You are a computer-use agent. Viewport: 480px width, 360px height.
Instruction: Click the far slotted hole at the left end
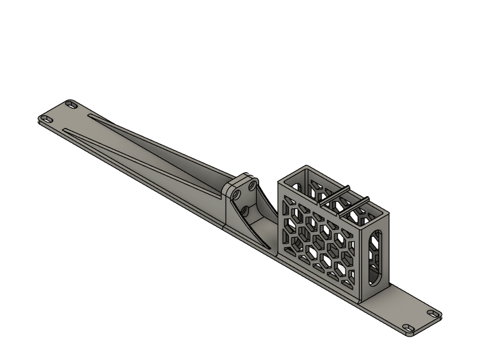(72, 104)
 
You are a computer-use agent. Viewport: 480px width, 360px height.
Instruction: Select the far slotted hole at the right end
(433, 313)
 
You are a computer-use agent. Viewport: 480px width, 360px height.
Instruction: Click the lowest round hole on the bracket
(245, 211)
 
